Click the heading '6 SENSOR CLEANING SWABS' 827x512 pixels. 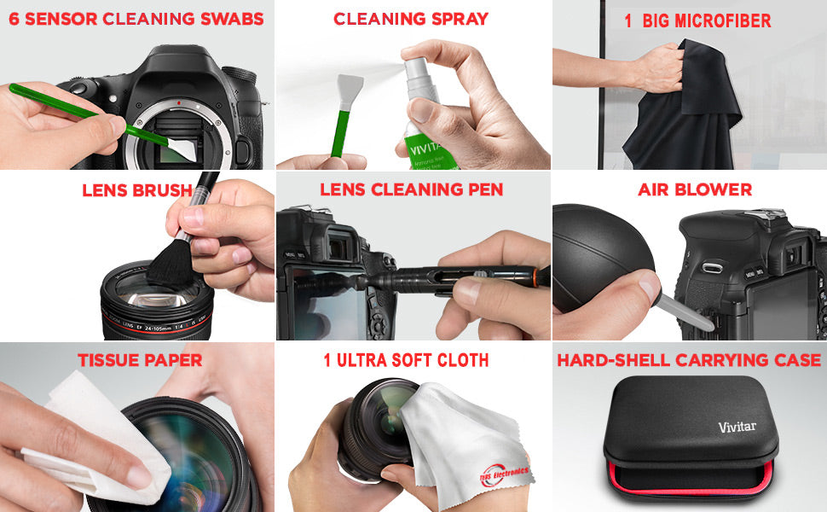(136, 19)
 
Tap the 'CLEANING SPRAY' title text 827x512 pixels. (411, 19)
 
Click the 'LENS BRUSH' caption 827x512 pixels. (137, 190)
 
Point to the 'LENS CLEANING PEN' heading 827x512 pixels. (412, 189)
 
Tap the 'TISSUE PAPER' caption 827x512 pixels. (140, 360)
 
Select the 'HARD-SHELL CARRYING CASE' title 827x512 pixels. (689, 360)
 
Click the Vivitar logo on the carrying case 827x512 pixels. (737, 427)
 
